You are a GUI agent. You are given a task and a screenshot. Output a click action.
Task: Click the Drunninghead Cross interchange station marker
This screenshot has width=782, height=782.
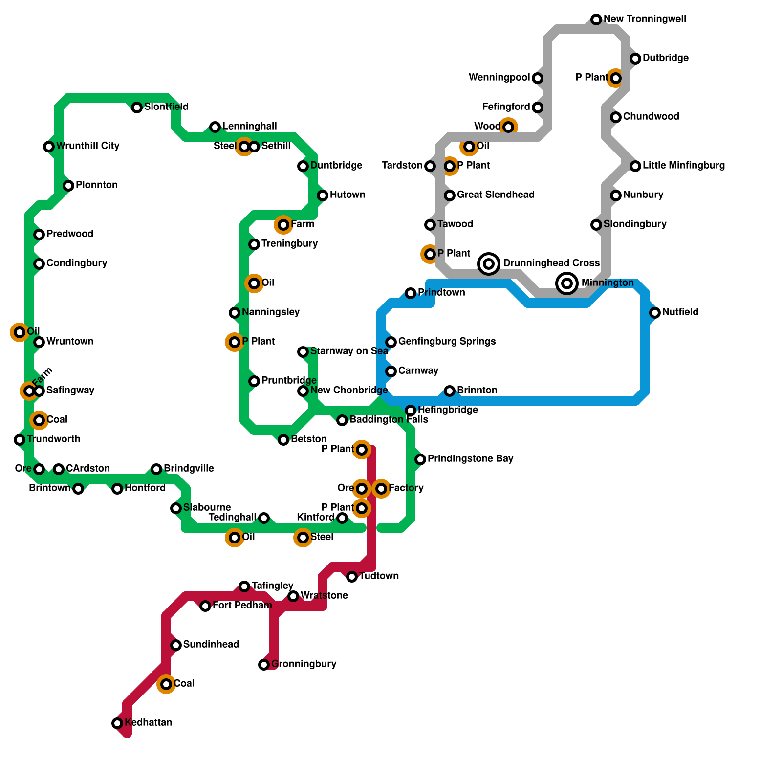(489, 264)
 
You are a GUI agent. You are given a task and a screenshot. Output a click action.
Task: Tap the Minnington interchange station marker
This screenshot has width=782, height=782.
(567, 283)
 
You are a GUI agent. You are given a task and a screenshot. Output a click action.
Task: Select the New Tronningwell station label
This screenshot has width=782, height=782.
(645, 19)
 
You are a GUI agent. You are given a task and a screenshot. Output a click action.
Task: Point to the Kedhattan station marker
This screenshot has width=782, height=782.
(117, 723)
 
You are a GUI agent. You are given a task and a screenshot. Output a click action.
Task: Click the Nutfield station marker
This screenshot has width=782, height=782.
(655, 313)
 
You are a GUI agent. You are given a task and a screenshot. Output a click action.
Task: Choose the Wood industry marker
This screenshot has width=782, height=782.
(508, 127)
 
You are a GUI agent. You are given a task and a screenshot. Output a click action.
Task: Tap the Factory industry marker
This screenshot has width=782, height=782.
(381, 489)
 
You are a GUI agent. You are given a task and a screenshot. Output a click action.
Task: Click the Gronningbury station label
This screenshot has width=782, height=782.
(304, 664)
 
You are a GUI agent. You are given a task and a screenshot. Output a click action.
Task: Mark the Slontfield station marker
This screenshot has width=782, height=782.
(137, 108)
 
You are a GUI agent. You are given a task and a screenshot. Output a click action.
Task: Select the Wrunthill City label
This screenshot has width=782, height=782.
(87, 146)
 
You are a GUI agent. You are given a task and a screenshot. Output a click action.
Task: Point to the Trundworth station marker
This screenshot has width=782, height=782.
(20, 440)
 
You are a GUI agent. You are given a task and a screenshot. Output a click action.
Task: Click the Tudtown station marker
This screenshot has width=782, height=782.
(352, 577)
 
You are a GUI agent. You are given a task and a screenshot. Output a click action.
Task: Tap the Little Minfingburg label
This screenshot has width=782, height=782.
(683, 166)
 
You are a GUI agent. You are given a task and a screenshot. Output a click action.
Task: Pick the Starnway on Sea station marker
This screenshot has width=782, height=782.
(303, 352)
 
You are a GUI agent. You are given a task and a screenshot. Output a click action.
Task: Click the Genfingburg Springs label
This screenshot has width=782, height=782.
(447, 342)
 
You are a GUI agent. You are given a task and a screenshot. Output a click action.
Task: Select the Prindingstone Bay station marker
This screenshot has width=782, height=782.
(420, 459)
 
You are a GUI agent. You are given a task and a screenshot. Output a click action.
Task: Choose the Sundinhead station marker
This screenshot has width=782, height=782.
(176, 645)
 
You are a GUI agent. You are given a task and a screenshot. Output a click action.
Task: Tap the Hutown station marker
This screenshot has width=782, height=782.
(323, 195)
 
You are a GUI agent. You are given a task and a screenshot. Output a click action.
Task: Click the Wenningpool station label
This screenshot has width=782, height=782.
(499, 78)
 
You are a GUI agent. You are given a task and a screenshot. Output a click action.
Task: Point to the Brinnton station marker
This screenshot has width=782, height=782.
(450, 391)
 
